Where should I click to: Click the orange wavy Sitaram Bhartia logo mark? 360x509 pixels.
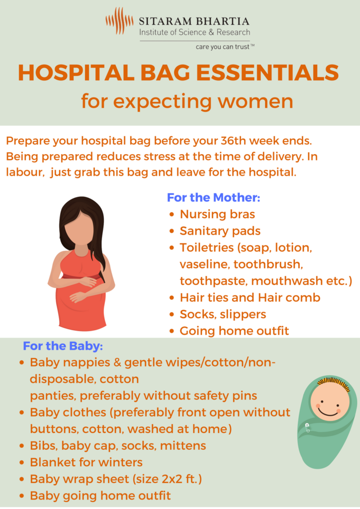click(119, 21)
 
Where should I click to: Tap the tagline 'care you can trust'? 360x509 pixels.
click(223, 47)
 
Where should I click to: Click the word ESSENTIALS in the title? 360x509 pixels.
click(267, 73)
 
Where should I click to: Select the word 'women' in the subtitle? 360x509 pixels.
click(256, 101)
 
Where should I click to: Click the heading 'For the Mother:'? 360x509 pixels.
click(214, 197)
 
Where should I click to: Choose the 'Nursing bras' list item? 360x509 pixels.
click(217, 214)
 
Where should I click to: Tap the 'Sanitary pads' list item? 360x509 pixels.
click(220, 231)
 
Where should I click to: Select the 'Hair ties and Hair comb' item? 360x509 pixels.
click(250, 298)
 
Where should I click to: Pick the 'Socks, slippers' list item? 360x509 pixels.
click(223, 315)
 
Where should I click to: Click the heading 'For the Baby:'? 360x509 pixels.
click(63, 346)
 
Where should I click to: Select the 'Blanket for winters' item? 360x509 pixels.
click(86, 462)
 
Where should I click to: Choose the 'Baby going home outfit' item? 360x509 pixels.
click(100, 496)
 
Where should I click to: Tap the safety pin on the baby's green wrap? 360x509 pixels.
click(307, 428)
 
